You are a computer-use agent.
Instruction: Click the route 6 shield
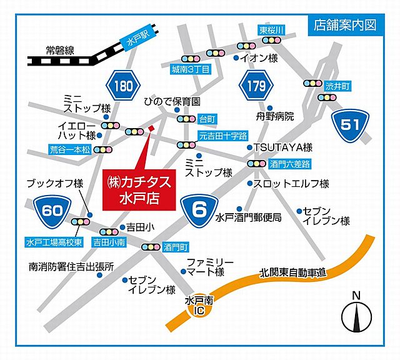tap(199, 209)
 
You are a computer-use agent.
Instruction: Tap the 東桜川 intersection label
tap(272, 29)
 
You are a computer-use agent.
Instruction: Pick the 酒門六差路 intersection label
tap(287, 164)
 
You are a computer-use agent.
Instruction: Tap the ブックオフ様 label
tap(54, 183)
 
